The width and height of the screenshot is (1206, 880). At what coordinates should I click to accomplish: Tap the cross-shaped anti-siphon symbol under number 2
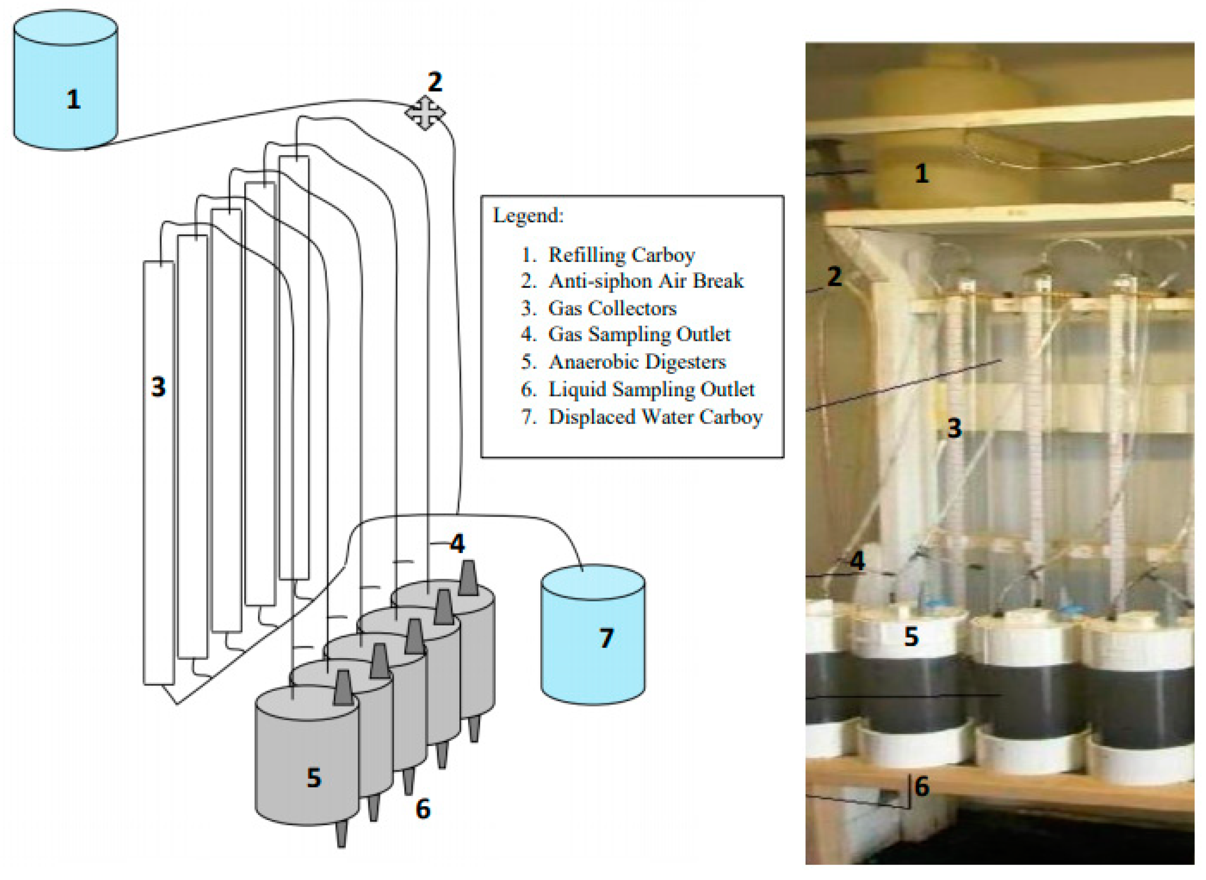tap(424, 113)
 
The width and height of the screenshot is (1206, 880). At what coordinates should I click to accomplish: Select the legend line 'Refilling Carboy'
tap(621, 255)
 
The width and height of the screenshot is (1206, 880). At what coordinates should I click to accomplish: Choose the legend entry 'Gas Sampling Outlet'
tap(639, 335)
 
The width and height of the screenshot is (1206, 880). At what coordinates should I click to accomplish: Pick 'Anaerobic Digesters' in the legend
tap(637, 362)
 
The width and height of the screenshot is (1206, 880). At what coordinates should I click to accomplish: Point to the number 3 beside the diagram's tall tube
tap(158, 387)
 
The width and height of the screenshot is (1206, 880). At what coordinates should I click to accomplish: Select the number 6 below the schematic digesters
tap(423, 809)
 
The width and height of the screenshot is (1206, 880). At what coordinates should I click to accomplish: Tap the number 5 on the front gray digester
tap(314, 778)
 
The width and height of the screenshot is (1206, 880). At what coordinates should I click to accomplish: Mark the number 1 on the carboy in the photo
tap(922, 174)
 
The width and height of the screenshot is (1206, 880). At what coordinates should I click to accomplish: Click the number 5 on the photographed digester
tap(912, 637)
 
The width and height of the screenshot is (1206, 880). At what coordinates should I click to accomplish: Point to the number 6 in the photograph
tap(922, 786)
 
